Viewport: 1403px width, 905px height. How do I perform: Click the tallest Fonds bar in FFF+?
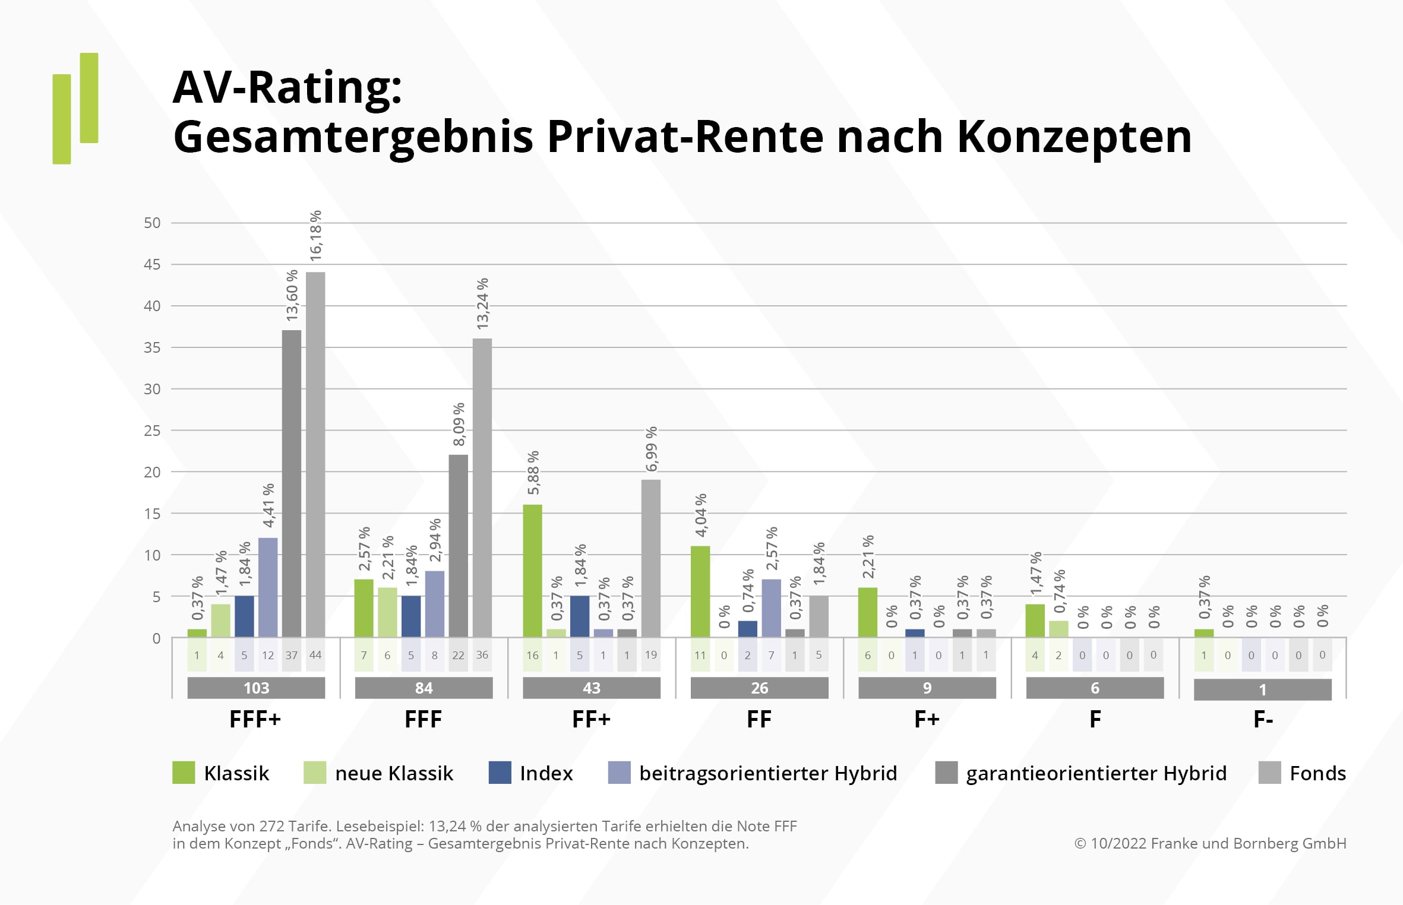(x=315, y=454)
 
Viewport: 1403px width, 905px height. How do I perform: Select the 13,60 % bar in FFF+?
(x=292, y=483)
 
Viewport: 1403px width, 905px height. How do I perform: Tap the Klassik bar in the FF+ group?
(x=532, y=571)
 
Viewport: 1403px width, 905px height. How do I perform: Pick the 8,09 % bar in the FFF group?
(x=459, y=546)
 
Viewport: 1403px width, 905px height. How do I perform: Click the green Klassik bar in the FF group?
(x=700, y=591)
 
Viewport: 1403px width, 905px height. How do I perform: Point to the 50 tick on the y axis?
(x=152, y=223)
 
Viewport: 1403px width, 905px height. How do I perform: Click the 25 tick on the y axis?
(x=152, y=431)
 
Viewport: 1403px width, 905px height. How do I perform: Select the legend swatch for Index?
(x=500, y=773)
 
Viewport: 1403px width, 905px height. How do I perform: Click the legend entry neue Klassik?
(x=394, y=773)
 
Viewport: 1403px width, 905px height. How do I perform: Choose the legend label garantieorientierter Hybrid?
(x=1096, y=773)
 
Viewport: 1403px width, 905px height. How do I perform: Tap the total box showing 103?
(x=256, y=688)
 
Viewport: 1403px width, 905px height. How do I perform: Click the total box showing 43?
(x=592, y=688)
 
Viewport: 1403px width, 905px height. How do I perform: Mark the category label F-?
(x=1263, y=720)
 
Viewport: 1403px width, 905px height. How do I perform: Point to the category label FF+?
(x=591, y=720)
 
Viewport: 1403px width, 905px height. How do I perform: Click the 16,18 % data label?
(x=315, y=236)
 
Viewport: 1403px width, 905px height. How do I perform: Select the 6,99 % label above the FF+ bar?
(x=651, y=449)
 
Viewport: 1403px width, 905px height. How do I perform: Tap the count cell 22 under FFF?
(x=458, y=655)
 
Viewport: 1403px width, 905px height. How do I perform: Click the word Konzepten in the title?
(x=1074, y=137)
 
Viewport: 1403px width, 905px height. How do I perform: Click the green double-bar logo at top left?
(x=75, y=109)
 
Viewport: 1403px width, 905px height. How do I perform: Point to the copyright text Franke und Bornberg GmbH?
(x=1247, y=843)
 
